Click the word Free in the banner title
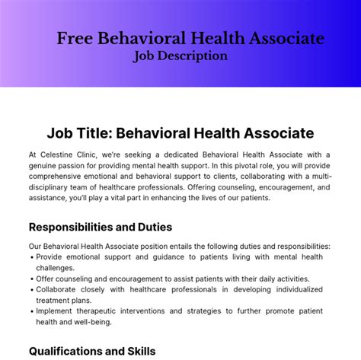74,39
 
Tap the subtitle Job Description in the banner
180,56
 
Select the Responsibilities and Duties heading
101,227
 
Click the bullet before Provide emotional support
32,257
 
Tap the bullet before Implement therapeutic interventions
32,311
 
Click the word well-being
90,322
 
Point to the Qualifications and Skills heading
92,351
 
